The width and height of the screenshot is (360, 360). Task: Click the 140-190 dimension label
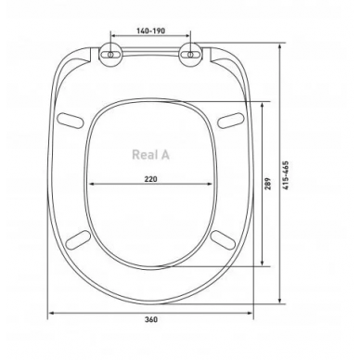click(150, 31)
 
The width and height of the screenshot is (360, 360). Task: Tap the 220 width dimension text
click(151, 179)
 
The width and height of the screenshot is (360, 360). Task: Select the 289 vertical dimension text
click(268, 184)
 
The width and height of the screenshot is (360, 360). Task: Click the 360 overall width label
click(151, 319)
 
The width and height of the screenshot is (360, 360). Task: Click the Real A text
click(151, 155)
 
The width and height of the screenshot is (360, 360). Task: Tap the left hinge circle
click(110, 55)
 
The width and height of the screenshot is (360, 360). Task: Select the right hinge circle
click(191, 55)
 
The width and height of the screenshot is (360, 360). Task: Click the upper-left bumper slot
click(71, 120)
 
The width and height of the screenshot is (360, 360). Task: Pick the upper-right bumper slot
click(231, 121)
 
